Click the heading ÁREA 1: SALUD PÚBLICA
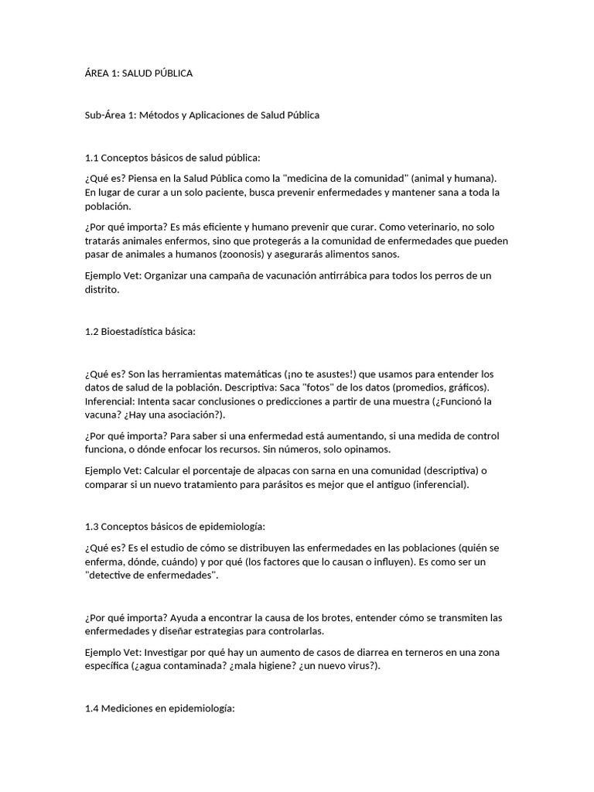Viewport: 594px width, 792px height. pos(138,73)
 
